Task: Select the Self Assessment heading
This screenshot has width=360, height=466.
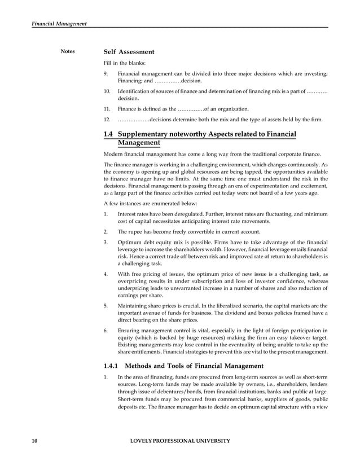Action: (x=129, y=52)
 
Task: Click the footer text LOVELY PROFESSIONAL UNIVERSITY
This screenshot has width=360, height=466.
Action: (x=179, y=441)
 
